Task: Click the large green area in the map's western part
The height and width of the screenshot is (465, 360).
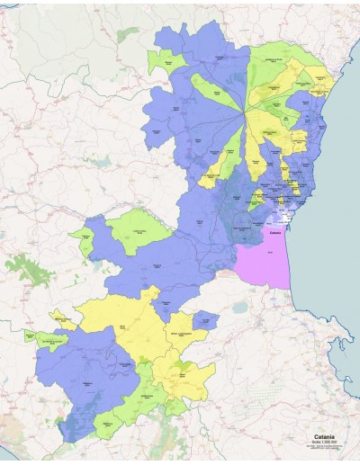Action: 139,228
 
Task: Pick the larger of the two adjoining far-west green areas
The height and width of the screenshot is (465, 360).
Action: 52,340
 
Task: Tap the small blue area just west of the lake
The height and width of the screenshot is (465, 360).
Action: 206,320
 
